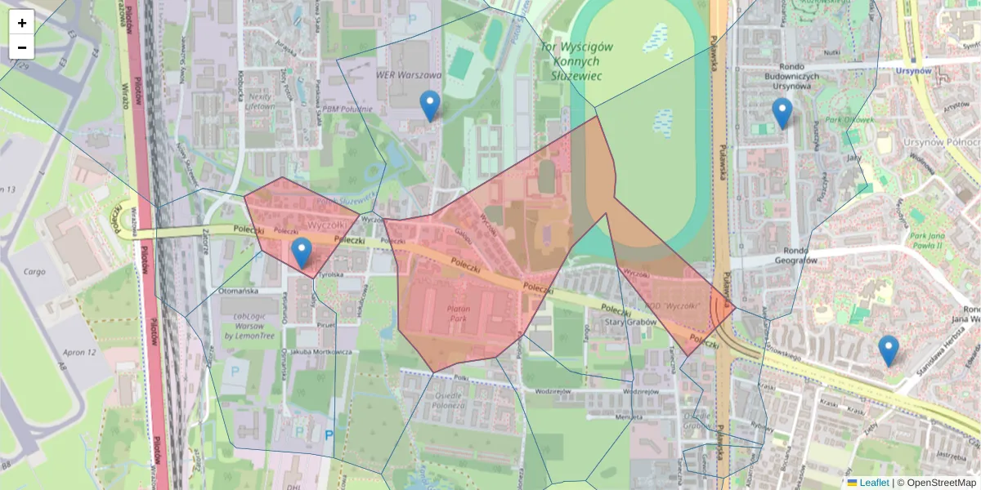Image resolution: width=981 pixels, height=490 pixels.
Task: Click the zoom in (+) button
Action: pyautogui.click(x=22, y=23)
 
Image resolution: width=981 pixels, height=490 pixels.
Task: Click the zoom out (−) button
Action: pyautogui.click(x=22, y=47)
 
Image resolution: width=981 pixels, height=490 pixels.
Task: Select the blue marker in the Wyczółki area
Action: pyautogui.click(x=302, y=252)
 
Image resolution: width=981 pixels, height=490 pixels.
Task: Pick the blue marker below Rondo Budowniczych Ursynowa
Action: pyautogui.click(x=782, y=113)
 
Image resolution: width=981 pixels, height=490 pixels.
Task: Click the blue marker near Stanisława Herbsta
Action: pyautogui.click(x=889, y=350)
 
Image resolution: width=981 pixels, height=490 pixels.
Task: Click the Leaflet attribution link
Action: pyautogui.click(x=873, y=483)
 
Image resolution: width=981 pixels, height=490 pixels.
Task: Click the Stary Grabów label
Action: pyautogui.click(x=625, y=323)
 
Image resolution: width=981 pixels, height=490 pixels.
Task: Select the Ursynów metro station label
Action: pyautogui.click(x=913, y=71)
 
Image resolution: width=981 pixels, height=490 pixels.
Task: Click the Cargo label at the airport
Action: pyautogui.click(x=34, y=271)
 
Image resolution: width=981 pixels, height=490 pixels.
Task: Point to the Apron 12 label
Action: pyautogui.click(x=78, y=352)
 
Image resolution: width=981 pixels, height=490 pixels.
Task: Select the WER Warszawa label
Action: pyautogui.click(x=408, y=75)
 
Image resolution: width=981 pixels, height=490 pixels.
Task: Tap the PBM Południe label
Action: pyautogui.click(x=347, y=109)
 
